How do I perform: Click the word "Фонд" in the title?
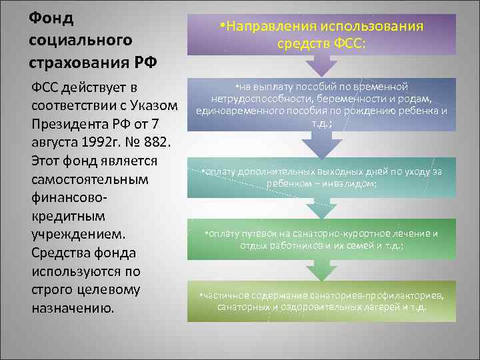point(51,17)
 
